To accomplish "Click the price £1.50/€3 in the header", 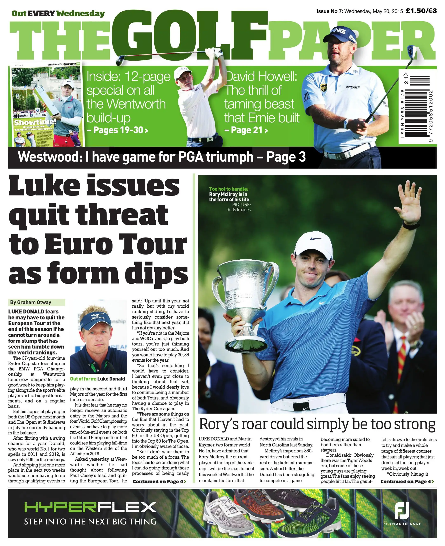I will [x=421, y=11].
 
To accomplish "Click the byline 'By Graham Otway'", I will [x=31, y=302].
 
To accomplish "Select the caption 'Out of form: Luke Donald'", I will [x=97, y=379].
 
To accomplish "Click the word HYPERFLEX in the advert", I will [x=90, y=507].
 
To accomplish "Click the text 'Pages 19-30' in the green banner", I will [x=118, y=130].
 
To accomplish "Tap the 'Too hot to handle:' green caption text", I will [x=229, y=189].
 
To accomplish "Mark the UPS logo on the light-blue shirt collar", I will [x=324, y=88].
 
